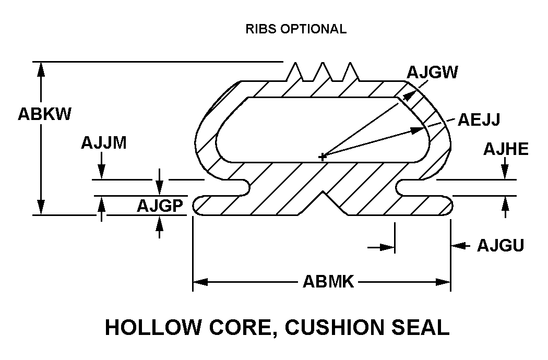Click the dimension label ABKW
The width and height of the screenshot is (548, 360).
(x=44, y=114)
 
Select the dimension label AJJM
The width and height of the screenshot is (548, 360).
(x=103, y=143)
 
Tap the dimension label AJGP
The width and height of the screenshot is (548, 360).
(x=159, y=207)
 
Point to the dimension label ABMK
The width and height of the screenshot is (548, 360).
(x=328, y=282)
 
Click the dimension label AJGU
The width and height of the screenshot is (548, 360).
(x=500, y=245)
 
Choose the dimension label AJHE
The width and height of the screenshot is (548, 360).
(x=505, y=149)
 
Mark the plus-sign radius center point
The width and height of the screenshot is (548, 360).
(x=323, y=156)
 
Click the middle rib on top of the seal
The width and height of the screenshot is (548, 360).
(x=323, y=72)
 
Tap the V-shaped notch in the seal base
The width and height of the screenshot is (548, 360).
(x=326, y=202)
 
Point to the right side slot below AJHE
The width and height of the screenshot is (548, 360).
(x=415, y=187)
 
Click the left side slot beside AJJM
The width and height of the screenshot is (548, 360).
(x=230, y=187)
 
